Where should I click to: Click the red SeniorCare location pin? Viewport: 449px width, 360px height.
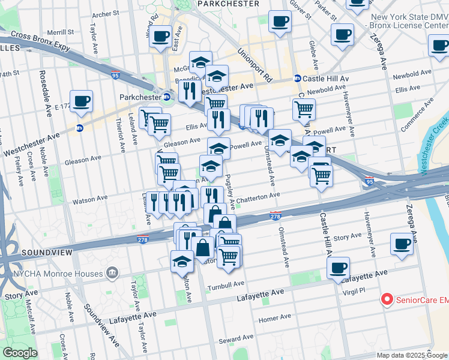[x=387, y=299]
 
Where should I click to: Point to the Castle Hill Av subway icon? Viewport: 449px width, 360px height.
[x=297, y=79]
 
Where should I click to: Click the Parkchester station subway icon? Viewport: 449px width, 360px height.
[x=167, y=97]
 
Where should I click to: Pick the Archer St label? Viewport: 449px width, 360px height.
[x=106, y=13]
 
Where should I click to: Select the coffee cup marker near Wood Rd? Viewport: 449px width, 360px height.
[x=161, y=36]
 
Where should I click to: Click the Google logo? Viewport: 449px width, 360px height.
[x=20, y=353]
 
